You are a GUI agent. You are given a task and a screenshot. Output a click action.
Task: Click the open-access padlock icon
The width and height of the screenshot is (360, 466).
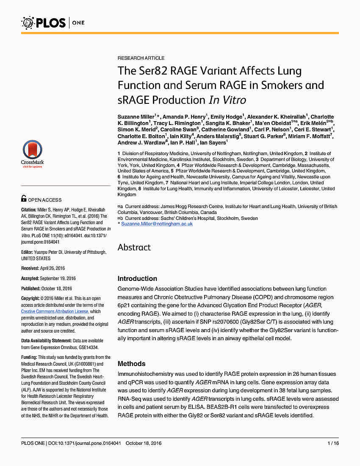(x=24, y=198)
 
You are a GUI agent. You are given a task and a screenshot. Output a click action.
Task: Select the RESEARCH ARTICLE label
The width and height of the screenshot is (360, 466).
(x=141, y=58)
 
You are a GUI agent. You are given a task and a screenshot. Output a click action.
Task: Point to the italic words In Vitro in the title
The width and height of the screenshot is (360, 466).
(x=227, y=100)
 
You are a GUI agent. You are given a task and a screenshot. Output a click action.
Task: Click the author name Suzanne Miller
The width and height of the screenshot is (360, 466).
(x=137, y=117)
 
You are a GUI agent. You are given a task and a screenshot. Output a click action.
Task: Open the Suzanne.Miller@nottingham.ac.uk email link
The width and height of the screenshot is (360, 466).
(x=157, y=224)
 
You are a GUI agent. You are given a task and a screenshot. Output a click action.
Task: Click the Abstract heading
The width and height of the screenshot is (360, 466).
(x=134, y=247)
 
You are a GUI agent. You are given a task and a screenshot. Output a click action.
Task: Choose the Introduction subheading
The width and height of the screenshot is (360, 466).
(x=137, y=279)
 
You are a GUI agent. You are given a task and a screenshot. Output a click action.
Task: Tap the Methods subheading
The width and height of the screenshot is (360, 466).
(x=131, y=364)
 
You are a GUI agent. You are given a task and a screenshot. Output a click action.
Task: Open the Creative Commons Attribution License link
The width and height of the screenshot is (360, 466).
(x=55, y=311)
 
